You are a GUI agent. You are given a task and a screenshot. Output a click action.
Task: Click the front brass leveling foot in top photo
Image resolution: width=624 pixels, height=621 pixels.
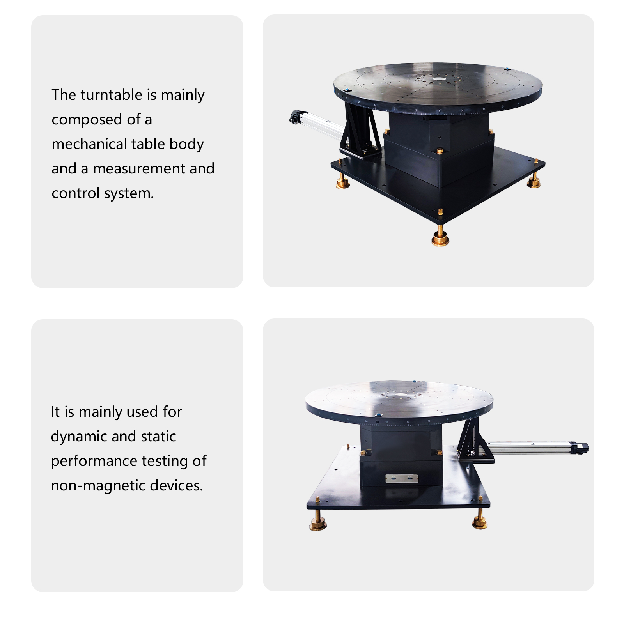[440, 237]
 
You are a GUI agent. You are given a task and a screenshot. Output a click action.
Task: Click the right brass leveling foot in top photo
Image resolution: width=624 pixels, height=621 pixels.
[534, 181]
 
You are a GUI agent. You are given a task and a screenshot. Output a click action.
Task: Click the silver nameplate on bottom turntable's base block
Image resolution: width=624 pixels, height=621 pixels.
[402, 478]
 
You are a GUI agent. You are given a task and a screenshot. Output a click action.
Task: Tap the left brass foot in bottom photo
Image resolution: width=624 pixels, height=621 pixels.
[318, 524]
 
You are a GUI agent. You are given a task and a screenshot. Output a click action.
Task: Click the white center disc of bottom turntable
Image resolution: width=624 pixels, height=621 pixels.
[401, 396]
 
